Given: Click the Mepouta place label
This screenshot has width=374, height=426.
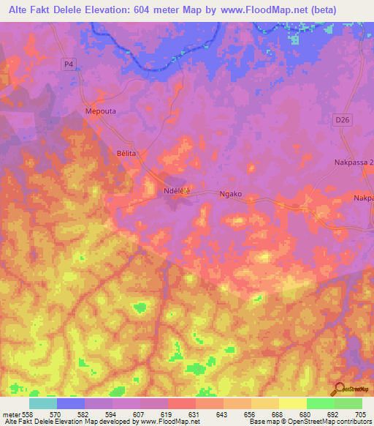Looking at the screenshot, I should pyautogui.click(x=102, y=111).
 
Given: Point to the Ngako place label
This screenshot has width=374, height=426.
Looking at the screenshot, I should pyautogui.click(x=230, y=194).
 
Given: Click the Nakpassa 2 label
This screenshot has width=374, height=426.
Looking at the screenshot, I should pyautogui.click(x=352, y=162).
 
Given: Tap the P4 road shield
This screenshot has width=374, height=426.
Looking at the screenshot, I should pyautogui.click(x=69, y=64).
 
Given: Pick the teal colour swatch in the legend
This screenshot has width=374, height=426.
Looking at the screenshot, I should pyautogui.click(x=43, y=403).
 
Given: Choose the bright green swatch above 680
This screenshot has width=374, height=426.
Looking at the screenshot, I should pyautogui.click(x=320, y=403).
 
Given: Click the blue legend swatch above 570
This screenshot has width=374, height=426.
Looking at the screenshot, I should pyautogui.click(x=71, y=403).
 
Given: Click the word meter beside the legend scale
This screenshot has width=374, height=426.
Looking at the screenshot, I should pyautogui.click(x=9, y=414).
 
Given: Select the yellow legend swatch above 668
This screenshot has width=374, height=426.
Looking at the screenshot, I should pyautogui.click(x=264, y=403).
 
